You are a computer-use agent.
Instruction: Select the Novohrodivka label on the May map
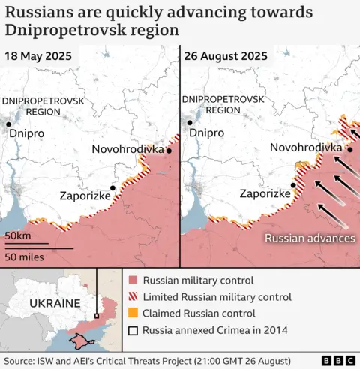(x=127, y=149)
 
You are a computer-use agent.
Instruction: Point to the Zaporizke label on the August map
(x=265, y=193)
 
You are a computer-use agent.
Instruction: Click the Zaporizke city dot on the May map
(x=113, y=188)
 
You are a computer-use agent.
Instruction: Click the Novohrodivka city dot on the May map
(x=169, y=150)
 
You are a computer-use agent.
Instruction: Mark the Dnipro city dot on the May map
(x=8, y=124)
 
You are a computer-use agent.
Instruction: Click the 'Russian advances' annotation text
(x=309, y=238)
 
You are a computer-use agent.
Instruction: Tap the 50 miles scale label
(x=25, y=256)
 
